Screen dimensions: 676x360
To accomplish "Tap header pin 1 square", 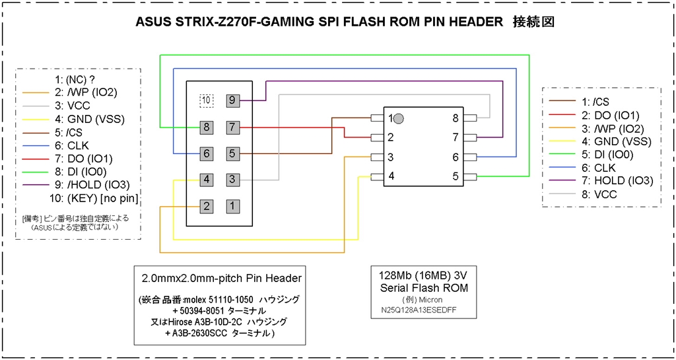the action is pyautogui.click(x=232, y=206).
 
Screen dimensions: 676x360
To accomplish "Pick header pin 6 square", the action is pyautogui.click(x=207, y=153).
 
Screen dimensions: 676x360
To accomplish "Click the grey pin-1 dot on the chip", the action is pyautogui.click(x=399, y=118).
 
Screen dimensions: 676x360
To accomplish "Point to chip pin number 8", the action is pyautogui.click(x=456, y=118).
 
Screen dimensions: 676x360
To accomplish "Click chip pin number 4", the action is pyautogui.click(x=391, y=176).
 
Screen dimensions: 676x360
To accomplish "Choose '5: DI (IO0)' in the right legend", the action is pyautogui.click(x=609, y=154).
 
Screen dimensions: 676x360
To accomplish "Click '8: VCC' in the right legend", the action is pyautogui.click(x=599, y=194).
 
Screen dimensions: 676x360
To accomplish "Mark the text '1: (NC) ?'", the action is pyautogui.click(x=75, y=79).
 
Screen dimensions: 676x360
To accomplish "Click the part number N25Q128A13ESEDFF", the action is pyautogui.click(x=424, y=310).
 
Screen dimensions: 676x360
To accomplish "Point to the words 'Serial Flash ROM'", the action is pyautogui.click(x=424, y=287).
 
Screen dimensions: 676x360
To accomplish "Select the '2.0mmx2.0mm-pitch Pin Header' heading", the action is pyautogui.click(x=222, y=279).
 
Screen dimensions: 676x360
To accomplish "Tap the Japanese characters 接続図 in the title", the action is pyautogui.click(x=533, y=22).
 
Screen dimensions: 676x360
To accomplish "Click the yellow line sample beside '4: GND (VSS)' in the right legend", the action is pyautogui.click(x=562, y=141).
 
